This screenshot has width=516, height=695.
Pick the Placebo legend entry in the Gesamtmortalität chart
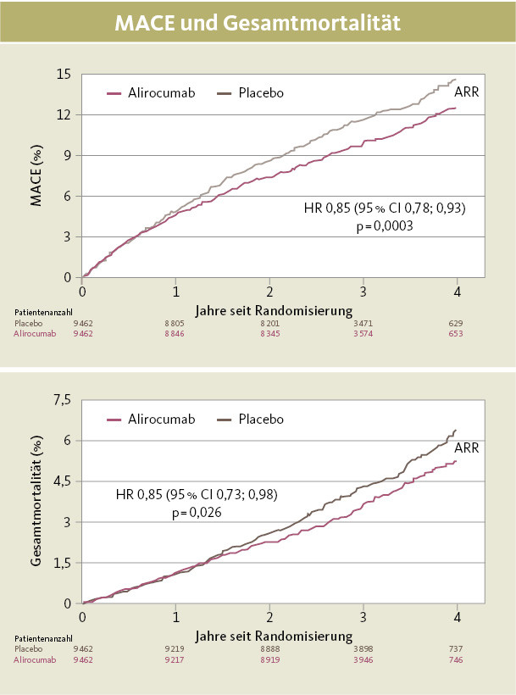coord(261,419)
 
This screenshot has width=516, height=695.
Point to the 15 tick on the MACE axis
coord(63,74)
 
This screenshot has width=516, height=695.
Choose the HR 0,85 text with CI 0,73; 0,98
coord(197,495)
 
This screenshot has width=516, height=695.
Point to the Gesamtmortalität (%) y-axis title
coord(36,502)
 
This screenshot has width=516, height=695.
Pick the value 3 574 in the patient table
coord(363,333)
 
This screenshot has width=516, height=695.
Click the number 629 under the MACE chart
coord(457,323)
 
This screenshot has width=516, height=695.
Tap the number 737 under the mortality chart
coord(457,648)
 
